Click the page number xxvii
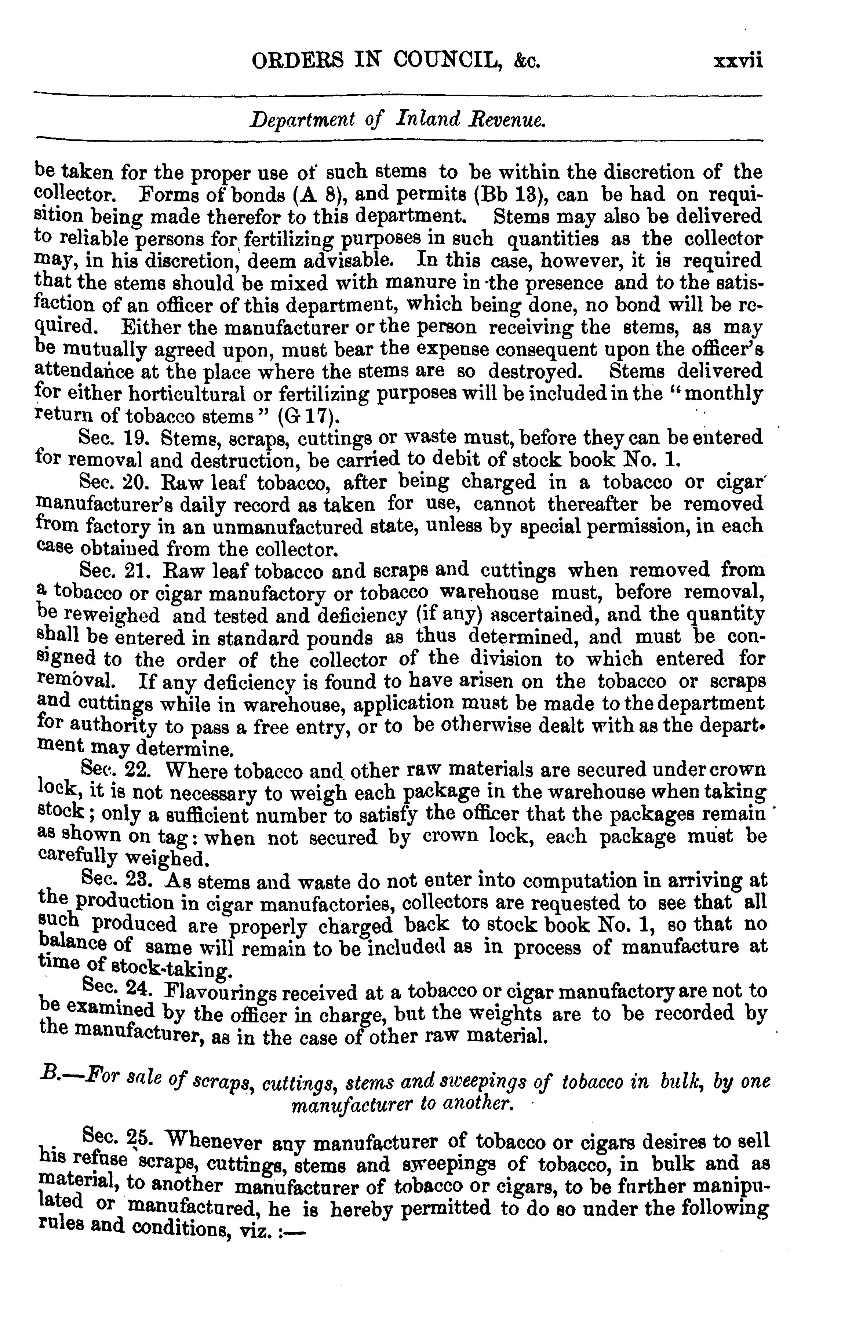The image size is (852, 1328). pos(738,60)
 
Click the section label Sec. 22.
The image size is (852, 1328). pos(113,769)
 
